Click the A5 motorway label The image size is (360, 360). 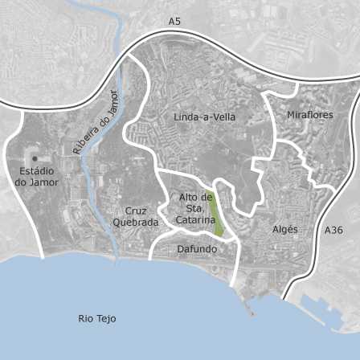click(x=174, y=21)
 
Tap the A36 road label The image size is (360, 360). click(x=333, y=230)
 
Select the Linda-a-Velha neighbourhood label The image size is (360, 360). click(x=205, y=117)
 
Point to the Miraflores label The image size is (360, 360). click(x=309, y=115)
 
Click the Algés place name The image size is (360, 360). click(x=285, y=229)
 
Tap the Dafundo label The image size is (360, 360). click(x=197, y=249)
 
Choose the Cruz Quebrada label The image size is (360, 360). click(x=130, y=217)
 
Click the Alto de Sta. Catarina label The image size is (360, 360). click(x=196, y=208)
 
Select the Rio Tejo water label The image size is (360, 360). click(x=97, y=318)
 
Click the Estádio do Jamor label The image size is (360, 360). click(x=37, y=177)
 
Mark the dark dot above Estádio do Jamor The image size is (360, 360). click(x=35, y=158)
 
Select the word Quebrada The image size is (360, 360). click(x=130, y=223)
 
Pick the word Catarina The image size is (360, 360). click(x=196, y=219)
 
